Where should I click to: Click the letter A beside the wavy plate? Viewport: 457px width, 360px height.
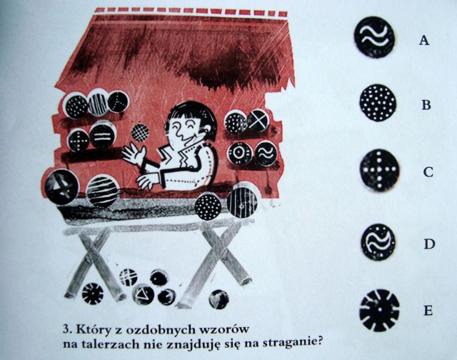pyautogui.click(x=424, y=40)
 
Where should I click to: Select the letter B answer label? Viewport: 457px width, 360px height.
pyautogui.click(x=426, y=105)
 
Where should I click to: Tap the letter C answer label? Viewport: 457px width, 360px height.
pyautogui.click(x=428, y=172)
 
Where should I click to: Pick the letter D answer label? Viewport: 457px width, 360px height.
pyautogui.click(x=429, y=244)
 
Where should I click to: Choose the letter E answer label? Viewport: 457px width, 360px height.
pyautogui.click(x=428, y=311)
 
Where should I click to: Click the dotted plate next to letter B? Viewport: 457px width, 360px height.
pyautogui.click(x=378, y=103)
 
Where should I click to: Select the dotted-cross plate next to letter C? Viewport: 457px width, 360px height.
pyautogui.click(x=379, y=171)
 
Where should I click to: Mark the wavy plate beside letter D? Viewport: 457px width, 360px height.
pyautogui.click(x=378, y=242)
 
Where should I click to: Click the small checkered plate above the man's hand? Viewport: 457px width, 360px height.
pyautogui.click(x=140, y=133)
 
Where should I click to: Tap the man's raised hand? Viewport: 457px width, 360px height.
pyautogui.click(x=134, y=154)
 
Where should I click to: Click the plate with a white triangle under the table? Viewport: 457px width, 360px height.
pyautogui.click(x=143, y=294)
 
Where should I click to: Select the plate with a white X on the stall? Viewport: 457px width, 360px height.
pyautogui.click(x=258, y=121)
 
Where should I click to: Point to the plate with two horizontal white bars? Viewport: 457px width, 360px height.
pyautogui.click(x=101, y=136)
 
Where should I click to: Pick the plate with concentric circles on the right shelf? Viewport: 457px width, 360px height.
pyautogui.click(x=240, y=153)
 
